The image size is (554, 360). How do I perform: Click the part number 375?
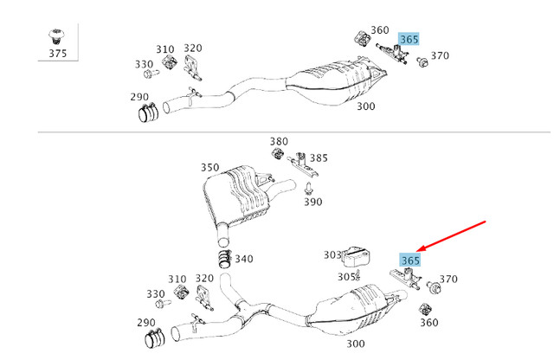pos(57,54)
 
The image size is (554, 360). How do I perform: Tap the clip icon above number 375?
pos(57,36)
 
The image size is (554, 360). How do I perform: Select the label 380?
pos(278,141)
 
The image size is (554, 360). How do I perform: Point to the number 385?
pos(319,158)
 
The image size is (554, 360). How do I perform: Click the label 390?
pos(312,202)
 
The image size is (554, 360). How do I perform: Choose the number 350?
pos(209,167)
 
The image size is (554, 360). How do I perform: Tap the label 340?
pos(244,259)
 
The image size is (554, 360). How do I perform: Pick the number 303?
pos(332,254)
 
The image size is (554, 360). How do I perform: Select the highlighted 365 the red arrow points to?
pos(409,260)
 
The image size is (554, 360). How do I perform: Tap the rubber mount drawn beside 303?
pos(356,256)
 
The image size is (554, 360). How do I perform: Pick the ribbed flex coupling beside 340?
pos(223,259)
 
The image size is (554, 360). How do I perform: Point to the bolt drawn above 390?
pos(309,185)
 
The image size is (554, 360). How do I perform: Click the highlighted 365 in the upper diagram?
pos(409,40)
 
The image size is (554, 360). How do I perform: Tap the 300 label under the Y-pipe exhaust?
pos(356,344)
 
